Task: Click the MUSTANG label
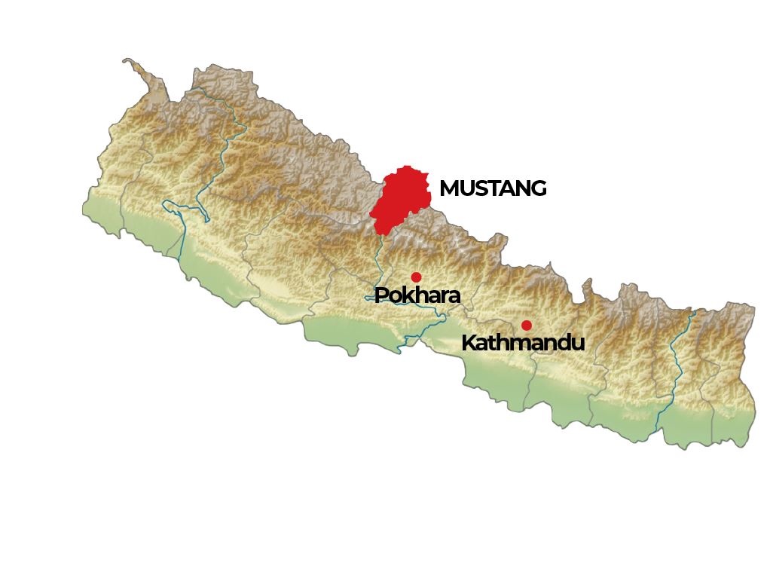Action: coord(493,188)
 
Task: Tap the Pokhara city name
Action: coord(417,295)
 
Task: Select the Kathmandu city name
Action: coord(522,343)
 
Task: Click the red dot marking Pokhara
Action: coord(416,277)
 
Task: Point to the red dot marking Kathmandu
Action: coord(527,326)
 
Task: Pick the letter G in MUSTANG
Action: coord(538,188)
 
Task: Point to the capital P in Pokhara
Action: coord(381,295)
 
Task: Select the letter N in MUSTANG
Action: coord(523,188)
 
